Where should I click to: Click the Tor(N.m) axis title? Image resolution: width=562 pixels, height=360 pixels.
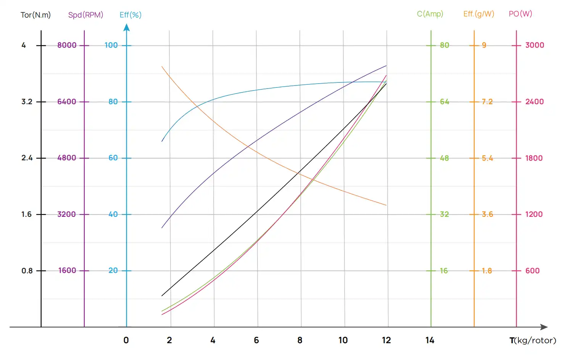coord(35,15)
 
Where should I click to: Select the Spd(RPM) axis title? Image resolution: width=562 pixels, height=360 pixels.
coord(85,15)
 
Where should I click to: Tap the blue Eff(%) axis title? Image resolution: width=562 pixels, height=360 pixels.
coord(130,15)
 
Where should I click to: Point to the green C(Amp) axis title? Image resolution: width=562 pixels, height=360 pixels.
coord(430,14)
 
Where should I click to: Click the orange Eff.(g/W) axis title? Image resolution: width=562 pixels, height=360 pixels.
coord(478,14)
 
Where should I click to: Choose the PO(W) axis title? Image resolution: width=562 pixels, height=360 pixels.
coord(520,14)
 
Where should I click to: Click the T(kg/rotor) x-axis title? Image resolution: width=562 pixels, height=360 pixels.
coord(533,340)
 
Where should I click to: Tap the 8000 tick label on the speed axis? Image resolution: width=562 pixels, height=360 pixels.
coord(67,45)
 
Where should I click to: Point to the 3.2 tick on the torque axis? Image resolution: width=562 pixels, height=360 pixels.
coord(27,102)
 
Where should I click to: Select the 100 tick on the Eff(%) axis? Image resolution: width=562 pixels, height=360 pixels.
coord(111,45)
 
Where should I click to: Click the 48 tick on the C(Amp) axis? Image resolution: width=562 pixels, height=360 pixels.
coord(444,158)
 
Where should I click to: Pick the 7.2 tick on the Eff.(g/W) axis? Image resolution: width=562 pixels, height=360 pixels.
coord(487,102)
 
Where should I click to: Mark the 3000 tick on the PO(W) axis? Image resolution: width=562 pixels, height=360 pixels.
coord(535,45)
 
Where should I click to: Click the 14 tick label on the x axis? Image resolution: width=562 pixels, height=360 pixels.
coord(430,340)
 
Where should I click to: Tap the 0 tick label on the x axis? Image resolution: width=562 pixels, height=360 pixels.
coord(126,340)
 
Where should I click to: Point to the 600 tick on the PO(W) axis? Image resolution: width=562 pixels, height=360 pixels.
coord(532,271)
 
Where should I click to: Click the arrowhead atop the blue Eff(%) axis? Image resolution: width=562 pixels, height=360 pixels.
coord(127,27)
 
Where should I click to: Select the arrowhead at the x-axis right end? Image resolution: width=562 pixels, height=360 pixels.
coord(544,327)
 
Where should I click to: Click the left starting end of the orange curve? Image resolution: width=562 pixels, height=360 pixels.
coord(162,67)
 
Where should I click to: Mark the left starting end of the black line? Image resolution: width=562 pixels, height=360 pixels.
coord(162,295)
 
